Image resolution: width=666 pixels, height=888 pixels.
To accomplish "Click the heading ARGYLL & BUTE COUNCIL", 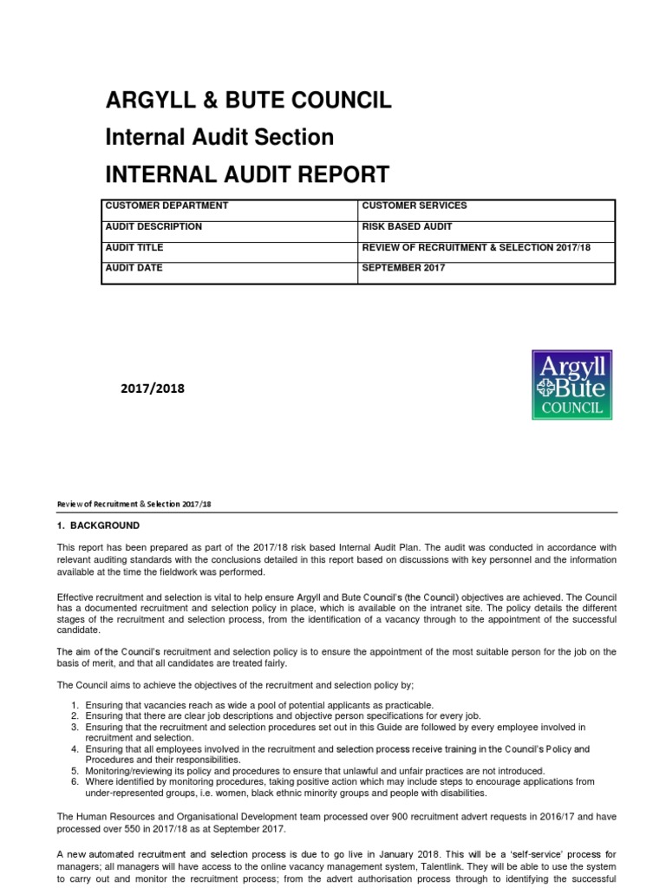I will point(248,101).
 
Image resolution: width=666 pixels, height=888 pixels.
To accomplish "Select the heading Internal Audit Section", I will point(219,137).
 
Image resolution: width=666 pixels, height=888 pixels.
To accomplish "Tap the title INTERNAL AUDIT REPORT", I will point(247,174).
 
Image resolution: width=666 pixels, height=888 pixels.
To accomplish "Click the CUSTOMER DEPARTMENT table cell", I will point(166,206).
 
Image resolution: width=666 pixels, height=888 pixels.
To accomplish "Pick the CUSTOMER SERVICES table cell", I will point(414,206).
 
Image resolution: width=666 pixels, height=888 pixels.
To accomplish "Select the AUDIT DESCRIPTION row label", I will point(153,226).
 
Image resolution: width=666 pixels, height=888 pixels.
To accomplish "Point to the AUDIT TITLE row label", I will point(134,247).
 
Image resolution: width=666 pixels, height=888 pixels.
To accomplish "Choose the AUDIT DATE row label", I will point(134,268).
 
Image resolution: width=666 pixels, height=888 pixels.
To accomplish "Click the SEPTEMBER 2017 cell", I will point(403,268).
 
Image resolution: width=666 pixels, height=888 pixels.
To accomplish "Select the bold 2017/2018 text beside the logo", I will point(153,388).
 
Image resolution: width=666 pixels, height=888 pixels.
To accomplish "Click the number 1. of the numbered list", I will point(75,705).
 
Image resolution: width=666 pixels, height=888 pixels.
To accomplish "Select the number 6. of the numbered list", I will point(75,781).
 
